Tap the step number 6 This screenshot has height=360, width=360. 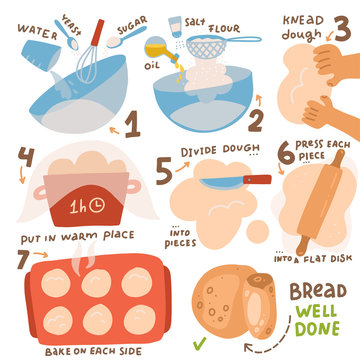click(284, 153)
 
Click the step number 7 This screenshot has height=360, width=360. click(20, 260)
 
